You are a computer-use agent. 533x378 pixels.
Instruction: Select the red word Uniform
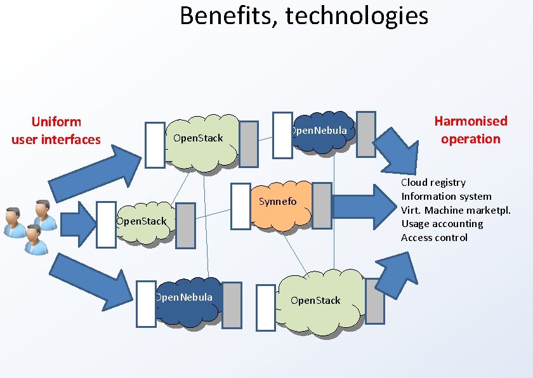click(56, 121)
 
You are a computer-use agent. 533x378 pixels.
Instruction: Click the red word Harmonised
click(471, 121)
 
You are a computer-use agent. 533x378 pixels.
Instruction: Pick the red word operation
click(471, 139)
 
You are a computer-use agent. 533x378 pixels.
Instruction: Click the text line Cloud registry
click(433, 183)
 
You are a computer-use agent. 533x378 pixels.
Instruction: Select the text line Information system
click(446, 197)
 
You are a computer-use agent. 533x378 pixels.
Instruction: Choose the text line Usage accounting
click(442, 224)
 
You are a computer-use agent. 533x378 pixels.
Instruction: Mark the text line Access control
click(434, 238)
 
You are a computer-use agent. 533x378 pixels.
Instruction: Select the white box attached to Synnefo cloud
click(240, 205)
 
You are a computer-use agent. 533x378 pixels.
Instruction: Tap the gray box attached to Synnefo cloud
click(322, 205)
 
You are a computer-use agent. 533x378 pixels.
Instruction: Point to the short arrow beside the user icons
click(75, 223)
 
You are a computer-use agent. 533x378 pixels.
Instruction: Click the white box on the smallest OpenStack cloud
click(106, 224)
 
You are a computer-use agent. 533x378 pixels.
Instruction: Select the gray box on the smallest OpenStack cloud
click(185, 225)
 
